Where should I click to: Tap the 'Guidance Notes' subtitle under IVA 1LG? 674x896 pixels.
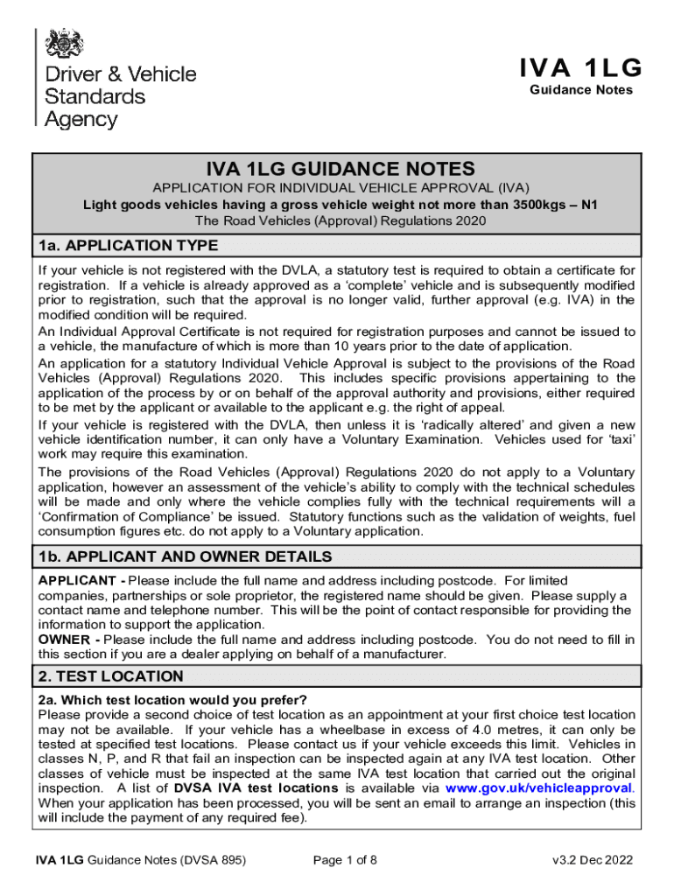point(580,90)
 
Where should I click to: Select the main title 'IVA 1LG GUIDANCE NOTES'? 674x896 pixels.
point(341,169)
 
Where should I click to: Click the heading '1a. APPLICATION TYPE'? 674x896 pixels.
point(128,245)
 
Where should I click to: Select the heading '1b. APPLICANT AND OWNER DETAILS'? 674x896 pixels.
point(185,556)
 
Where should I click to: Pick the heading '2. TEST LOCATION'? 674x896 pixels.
point(110,676)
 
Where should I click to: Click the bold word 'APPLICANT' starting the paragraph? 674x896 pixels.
point(74,580)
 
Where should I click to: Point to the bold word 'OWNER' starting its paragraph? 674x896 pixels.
point(61,640)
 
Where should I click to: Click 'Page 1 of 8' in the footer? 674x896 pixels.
point(345,860)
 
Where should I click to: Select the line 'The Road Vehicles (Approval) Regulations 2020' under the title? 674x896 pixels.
point(341,220)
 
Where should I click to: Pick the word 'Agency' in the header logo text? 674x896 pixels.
point(81,118)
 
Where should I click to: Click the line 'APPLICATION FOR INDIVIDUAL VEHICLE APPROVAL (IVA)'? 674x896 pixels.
point(341,189)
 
